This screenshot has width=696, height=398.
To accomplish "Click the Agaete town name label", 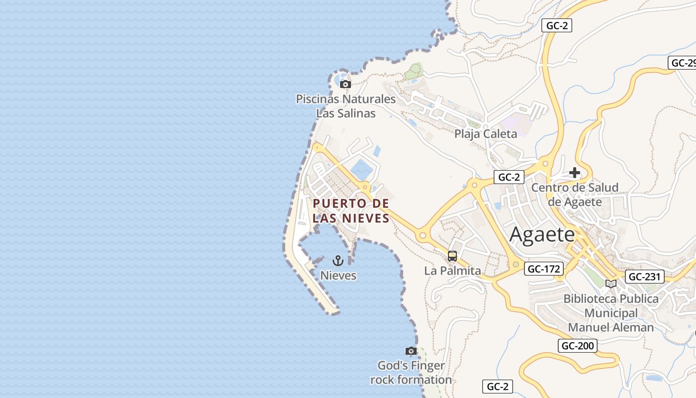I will click(x=542, y=234).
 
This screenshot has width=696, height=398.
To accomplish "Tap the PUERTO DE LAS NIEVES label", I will click(x=351, y=210).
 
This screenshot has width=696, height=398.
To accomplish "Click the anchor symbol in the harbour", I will click(x=338, y=260).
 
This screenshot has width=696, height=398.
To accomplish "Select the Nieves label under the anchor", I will click(x=338, y=275).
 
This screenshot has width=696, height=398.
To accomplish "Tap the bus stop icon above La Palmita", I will click(x=452, y=256).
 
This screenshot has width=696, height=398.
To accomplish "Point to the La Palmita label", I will click(x=452, y=271).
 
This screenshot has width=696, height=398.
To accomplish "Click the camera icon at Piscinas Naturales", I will click(x=346, y=84).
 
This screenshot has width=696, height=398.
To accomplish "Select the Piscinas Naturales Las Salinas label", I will click(x=346, y=106).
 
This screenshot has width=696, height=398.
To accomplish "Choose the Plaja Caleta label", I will click(x=486, y=134).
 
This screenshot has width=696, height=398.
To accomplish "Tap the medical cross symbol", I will click(x=575, y=173).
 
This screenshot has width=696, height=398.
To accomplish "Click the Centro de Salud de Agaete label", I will click(x=575, y=195).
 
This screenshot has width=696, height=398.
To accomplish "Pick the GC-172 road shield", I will click(x=544, y=269).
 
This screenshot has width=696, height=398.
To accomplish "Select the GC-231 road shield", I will click(x=644, y=277).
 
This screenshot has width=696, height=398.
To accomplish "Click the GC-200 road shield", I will click(x=577, y=345).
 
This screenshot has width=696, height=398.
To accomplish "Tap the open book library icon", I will click(x=611, y=284).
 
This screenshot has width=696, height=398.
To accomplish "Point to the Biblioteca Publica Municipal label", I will click(x=611, y=313).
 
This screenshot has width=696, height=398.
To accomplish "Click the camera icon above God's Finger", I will click(x=411, y=351).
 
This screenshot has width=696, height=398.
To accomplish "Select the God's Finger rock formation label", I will click(x=411, y=373).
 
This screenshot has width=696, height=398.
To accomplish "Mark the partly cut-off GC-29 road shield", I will click(x=682, y=63).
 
